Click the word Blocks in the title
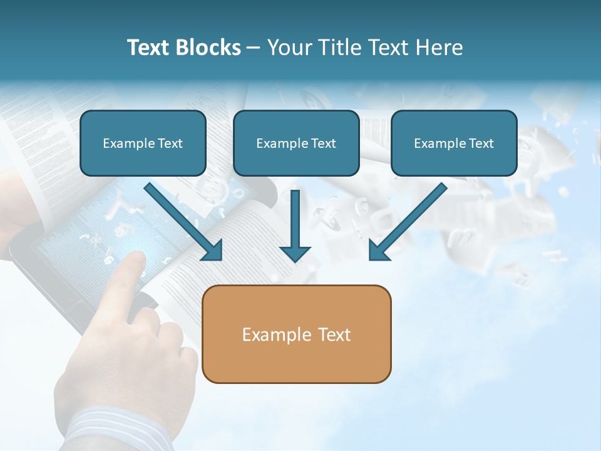tap(209, 48)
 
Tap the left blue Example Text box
tap(143, 143)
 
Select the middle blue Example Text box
tap(296, 143)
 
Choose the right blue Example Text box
tap(454, 143)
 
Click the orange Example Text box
tap(296, 334)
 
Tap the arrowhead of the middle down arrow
tap(295, 252)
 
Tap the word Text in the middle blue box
tap(324, 143)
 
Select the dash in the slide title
tap(254, 48)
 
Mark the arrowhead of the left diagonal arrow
tap(213, 251)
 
